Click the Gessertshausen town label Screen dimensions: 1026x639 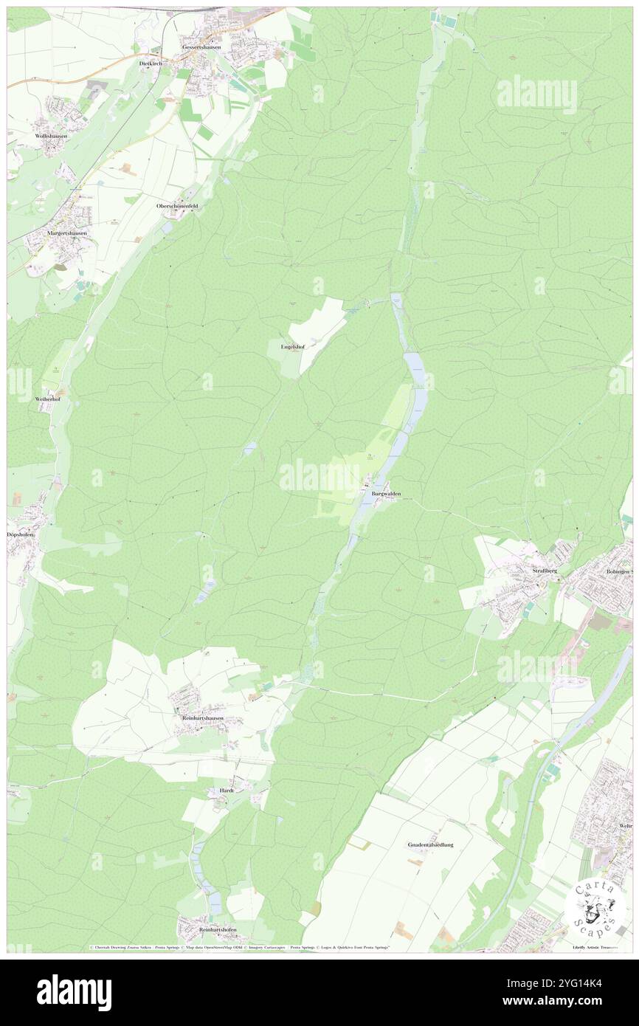coord(201,47)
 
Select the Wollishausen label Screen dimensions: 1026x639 coord(51,137)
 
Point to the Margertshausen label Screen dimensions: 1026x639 coord(67,233)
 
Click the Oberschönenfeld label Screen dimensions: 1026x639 coord(178,206)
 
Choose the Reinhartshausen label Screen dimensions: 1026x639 coord(202,717)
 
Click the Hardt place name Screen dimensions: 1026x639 coord(227,790)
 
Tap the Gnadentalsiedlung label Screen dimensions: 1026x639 coord(430,844)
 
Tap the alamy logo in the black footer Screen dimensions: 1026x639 coord(74,993)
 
